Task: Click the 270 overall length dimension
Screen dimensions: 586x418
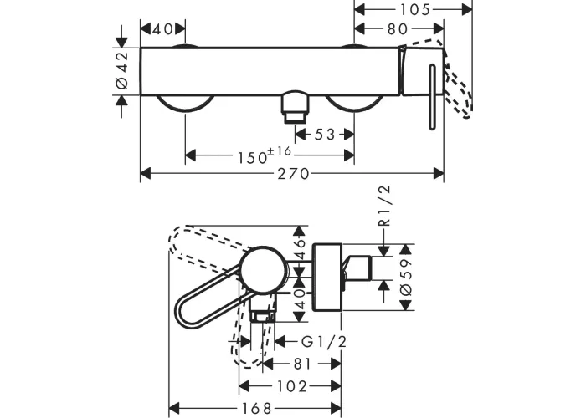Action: (293, 174)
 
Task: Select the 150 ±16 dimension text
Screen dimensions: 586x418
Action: (265, 155)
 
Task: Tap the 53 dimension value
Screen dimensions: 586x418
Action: (325, 135)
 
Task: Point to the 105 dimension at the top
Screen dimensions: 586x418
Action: (415, 10)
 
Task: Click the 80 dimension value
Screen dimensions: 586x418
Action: (398, 28)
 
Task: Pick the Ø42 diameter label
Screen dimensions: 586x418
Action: (122, 70)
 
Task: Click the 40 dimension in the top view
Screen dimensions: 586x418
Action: (162, 28)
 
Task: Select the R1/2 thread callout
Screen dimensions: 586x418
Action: (384, 206)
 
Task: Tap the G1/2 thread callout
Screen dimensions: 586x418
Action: (324, 341)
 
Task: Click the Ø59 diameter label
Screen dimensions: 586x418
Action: (406, 278)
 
